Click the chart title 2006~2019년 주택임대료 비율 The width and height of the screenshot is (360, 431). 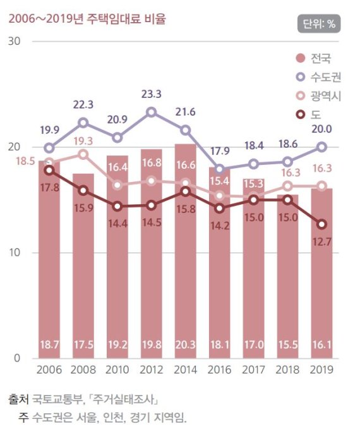[87, 19]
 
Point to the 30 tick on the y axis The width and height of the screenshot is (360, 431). [15, 41]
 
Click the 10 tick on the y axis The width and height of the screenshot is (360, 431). [15, 253]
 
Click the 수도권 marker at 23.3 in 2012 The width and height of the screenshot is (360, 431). [152, 112]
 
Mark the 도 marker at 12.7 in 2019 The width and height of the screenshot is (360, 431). [322, 224]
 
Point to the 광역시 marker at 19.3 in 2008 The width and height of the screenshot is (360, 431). [83, 154]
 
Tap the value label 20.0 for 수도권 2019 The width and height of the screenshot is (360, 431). [322, 130]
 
